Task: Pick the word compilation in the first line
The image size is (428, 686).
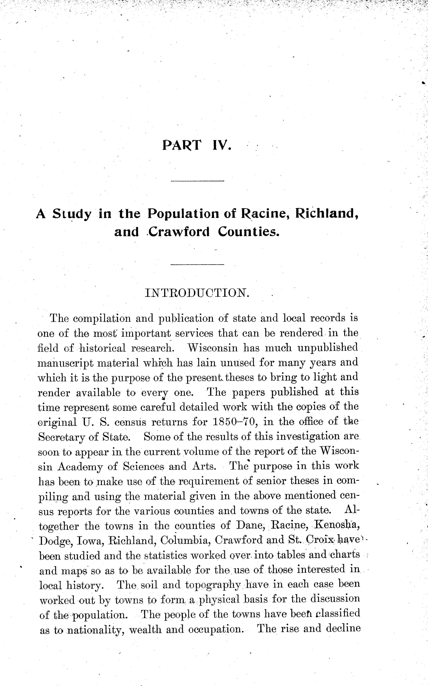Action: pyautogui.click(x=102, y=319)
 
